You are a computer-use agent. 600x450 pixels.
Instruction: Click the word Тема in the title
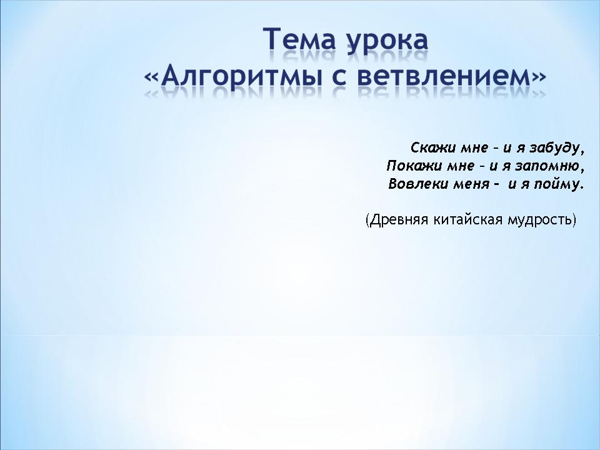pyautogui.click(x=299, y=39)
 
